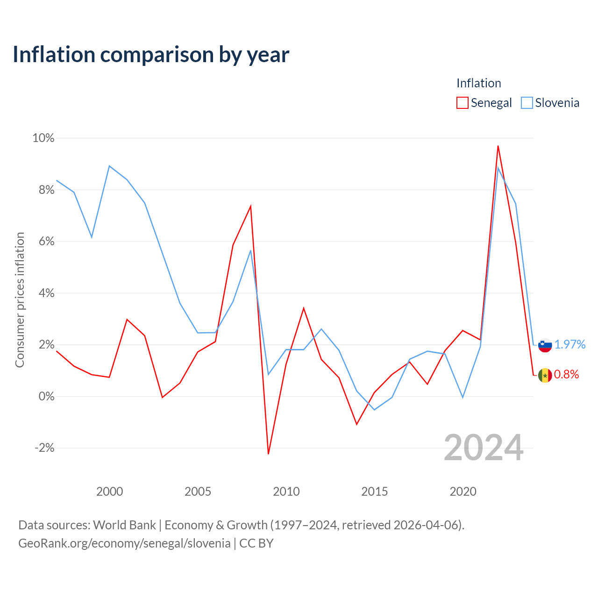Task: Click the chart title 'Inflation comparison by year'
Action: point(151,55)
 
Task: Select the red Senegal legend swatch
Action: point(462,103)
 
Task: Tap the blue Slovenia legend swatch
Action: point(527,103)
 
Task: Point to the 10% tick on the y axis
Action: point(43,138)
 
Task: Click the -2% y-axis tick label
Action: point(44,448)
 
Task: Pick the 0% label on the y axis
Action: point(47,396)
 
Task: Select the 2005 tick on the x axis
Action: point(198,491)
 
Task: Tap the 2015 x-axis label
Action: point(374,491)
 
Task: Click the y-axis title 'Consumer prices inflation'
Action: point(20,300)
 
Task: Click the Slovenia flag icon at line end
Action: point(545,345)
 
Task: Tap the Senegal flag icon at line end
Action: point(545,376)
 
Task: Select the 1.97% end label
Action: point(570,344)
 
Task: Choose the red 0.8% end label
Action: point(566,375)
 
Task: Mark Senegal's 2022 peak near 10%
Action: point(498,146)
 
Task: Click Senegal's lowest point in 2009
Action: point(269,454)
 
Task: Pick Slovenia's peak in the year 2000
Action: point(109,166)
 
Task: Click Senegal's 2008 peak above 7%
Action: point(250,206)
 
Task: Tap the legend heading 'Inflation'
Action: point(478,83)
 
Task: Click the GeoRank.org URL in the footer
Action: point(124,543)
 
